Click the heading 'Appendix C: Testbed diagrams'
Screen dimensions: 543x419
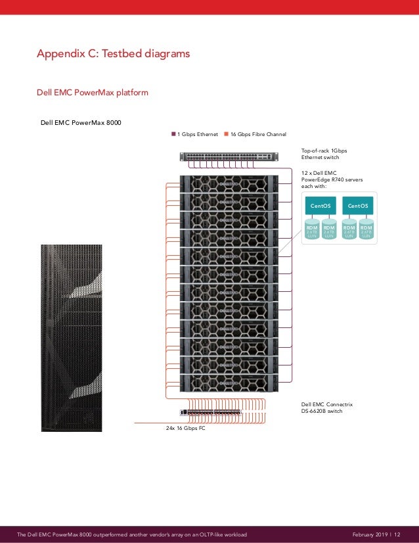point(113,54)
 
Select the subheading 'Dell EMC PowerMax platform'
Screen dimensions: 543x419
point(92,93)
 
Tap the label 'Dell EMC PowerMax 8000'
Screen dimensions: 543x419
point(81,122)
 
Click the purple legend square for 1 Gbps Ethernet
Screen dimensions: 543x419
point(175,134)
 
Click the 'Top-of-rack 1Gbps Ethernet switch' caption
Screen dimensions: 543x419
point(324,154)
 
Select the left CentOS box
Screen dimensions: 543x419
point(320,206)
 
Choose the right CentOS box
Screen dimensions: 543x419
point(358,206)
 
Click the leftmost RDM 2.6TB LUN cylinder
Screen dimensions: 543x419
point(312,230)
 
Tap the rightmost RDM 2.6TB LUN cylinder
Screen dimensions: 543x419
point(366,230)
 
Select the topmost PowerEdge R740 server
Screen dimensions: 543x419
point(229,183)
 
